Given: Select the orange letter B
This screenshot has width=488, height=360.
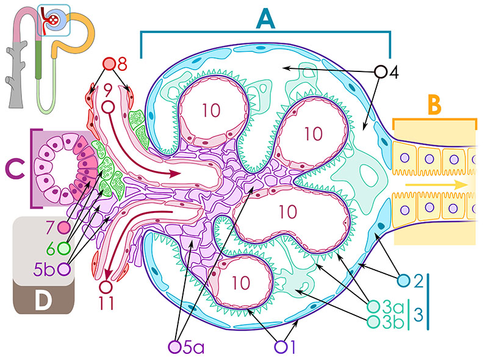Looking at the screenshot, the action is [x=434, y=105].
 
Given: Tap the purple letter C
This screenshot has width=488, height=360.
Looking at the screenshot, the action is [x=15, y=168].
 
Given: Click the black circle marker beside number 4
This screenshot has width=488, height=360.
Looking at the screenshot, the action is [x=380, y=71].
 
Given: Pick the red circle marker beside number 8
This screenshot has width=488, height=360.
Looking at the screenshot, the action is [x=109, y=64].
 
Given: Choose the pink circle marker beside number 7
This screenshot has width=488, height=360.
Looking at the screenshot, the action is [x=65, y=228].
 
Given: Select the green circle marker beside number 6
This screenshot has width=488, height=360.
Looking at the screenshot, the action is [x=63, y=248].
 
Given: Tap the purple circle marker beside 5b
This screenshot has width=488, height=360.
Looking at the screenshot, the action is [x=65, y=269].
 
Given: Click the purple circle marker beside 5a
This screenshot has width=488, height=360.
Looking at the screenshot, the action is [x=174, y=347].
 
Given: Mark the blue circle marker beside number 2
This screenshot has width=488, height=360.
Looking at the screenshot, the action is [x=404, y=281].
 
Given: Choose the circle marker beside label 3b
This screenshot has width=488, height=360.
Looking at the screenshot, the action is [x=373, y=321].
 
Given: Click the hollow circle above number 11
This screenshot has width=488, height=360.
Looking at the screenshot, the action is [x=106, y=287].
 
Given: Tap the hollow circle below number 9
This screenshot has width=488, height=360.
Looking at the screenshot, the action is [x=109, y=107].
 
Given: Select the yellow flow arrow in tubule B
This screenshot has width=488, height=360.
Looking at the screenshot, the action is [x=436, y=185].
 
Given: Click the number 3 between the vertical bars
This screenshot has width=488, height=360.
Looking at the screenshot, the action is [x=418, y=315].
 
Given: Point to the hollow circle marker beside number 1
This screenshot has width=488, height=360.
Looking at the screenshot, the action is [x=281, y=347].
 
